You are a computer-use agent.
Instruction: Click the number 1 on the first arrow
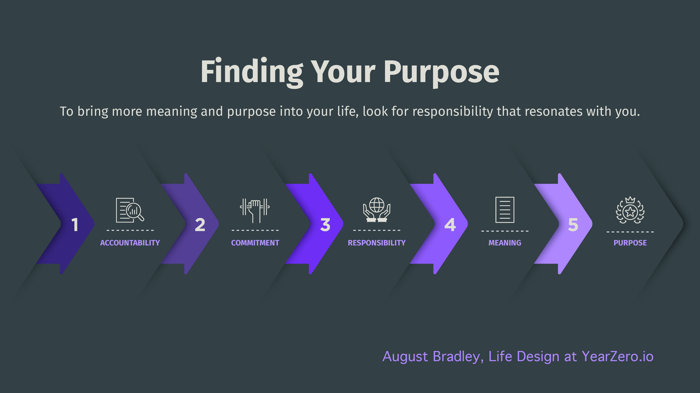(75, 225)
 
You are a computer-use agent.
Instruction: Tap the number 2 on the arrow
(200, 225)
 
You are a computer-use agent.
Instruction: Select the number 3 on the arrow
(325, 225)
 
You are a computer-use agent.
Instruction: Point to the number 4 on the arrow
(450, 225)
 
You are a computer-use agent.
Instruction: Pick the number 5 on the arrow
(573, 225)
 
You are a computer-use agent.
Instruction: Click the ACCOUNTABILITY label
(130, 243)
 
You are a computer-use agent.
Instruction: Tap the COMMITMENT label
(255, 243)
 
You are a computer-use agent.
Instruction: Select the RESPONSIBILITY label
(377, 243)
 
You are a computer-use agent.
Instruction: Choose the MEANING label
(505, 243)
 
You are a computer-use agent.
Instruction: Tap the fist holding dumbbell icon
(255, 211)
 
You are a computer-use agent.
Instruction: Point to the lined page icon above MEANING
(505, 210)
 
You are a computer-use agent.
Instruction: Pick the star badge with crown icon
(630, 210)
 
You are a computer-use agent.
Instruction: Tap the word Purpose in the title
(441, 72)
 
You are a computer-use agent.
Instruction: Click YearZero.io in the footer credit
(617, 356)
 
